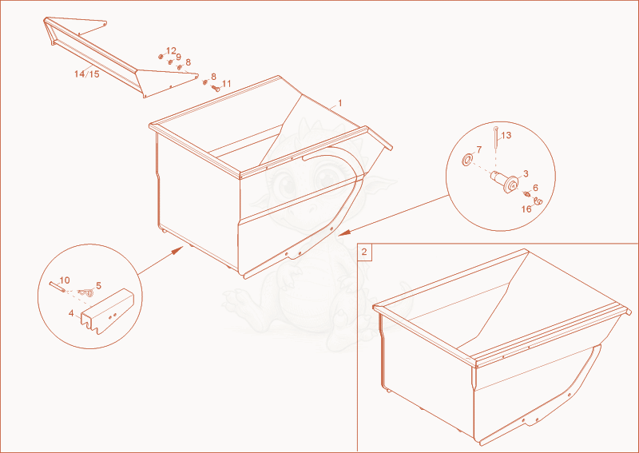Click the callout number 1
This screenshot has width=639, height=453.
coord(340,103)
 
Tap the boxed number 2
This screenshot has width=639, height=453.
coord(364,252)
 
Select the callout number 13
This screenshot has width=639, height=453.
coord(506,135)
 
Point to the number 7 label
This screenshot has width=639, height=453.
coord(478,149)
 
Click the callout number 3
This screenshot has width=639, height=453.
coord(526,174)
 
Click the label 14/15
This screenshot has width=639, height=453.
coord(87,74)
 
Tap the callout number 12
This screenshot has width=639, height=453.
coord(171,51)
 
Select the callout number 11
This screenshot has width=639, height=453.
coord(226,84)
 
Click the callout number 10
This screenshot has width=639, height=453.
coord(65,280)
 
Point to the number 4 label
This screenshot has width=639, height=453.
coord(71,313)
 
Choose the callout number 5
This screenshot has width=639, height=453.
coord(98,285)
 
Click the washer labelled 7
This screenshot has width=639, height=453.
coord(467,160)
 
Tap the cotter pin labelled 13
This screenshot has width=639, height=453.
coord(495,139)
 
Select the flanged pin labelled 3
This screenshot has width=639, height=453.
coord(505,181)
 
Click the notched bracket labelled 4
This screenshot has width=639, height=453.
coord(107,311)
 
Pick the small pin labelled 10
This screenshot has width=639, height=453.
coord(57,287)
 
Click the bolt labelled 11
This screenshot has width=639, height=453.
coord(215,88)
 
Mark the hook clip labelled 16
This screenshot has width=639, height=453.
coord(538,201)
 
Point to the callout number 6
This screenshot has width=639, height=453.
coord(535,188)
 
